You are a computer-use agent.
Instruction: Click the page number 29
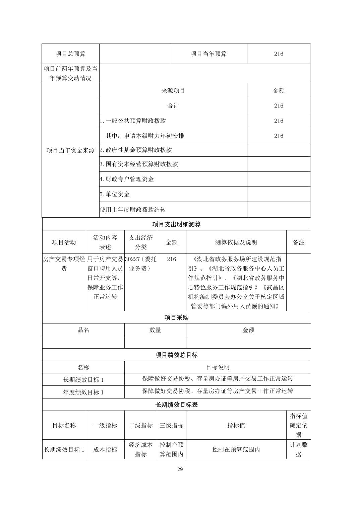coord(180,469)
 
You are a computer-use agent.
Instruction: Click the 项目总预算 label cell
coord(70,54)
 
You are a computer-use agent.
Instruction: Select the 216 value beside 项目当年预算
coord(279,54)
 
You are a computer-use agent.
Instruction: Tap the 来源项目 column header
coord(173,90)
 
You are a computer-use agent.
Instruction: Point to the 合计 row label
coord(173,105)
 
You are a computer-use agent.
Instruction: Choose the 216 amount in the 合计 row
coord(279,105)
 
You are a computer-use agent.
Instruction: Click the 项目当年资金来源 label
coord(70,150)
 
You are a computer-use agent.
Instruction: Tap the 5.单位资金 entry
coord(115,194)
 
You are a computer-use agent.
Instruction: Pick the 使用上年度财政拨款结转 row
coord(133,210)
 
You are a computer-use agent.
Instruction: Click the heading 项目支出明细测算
coord(176,224)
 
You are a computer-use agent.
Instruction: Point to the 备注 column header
coord(298,242)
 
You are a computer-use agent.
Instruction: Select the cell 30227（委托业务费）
coord(141,264)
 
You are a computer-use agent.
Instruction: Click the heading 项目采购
coord(176,317)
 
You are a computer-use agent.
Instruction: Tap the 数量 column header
coord(155,330)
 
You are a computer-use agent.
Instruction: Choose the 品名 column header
coord(83,330)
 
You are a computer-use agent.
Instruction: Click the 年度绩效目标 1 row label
coord(83,392)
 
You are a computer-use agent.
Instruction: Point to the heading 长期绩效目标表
coord(176,405)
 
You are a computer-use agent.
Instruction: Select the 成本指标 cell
coord(105,449)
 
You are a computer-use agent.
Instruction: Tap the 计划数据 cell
coord(298,449)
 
